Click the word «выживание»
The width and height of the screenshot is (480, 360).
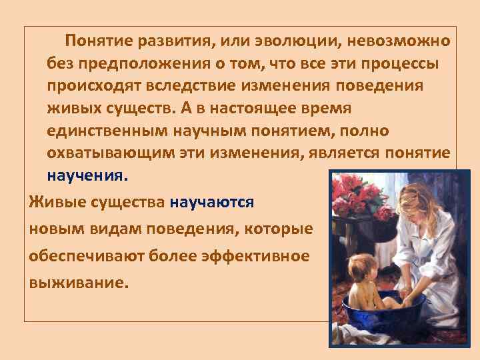77,282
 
